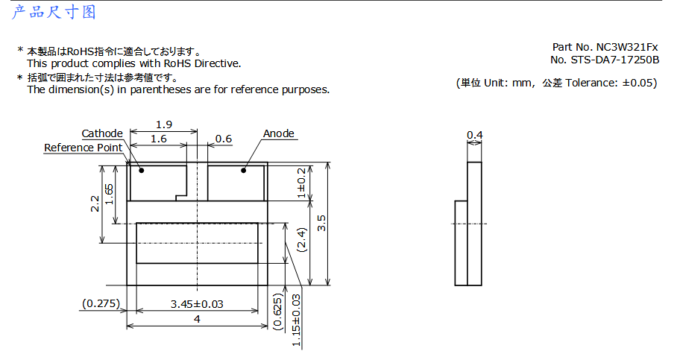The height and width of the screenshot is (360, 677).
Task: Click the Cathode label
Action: (x=102, y=133)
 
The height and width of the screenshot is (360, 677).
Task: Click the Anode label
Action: (x=279, y=133)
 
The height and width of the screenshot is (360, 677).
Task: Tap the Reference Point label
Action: (x=83, y=148)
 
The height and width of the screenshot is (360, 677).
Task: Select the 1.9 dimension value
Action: (x=164, y=124)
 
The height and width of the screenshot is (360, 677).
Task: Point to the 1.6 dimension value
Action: (x=159, y=139)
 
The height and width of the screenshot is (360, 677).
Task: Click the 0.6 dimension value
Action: (x=224, y=139)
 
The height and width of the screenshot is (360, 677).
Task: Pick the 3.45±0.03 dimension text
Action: (x=197, y=304)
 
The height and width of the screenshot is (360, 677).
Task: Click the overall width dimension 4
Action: (x=198, y=320)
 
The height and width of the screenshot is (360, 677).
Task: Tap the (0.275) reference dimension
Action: (x=101, y=303)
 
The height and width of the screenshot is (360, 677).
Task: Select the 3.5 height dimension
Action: (x=321, y=223)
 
